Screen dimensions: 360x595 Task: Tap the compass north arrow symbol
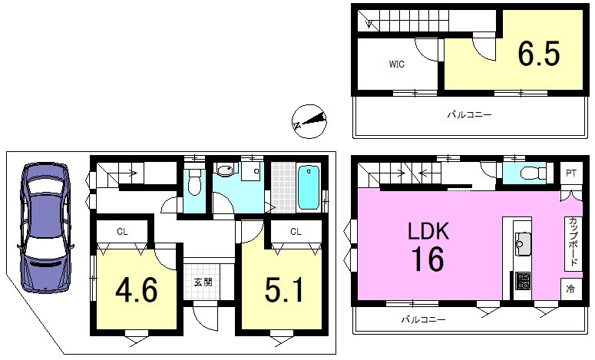[309, 121]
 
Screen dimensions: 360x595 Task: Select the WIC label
[395, 64]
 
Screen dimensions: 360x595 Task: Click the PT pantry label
[570, 174]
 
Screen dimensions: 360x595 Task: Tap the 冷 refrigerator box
[570, 289]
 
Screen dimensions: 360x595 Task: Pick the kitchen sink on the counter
[522, 244]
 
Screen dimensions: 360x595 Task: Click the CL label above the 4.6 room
[122, 230]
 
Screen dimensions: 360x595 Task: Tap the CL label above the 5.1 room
[296, 230]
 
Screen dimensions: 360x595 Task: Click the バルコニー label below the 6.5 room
[469, 115]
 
